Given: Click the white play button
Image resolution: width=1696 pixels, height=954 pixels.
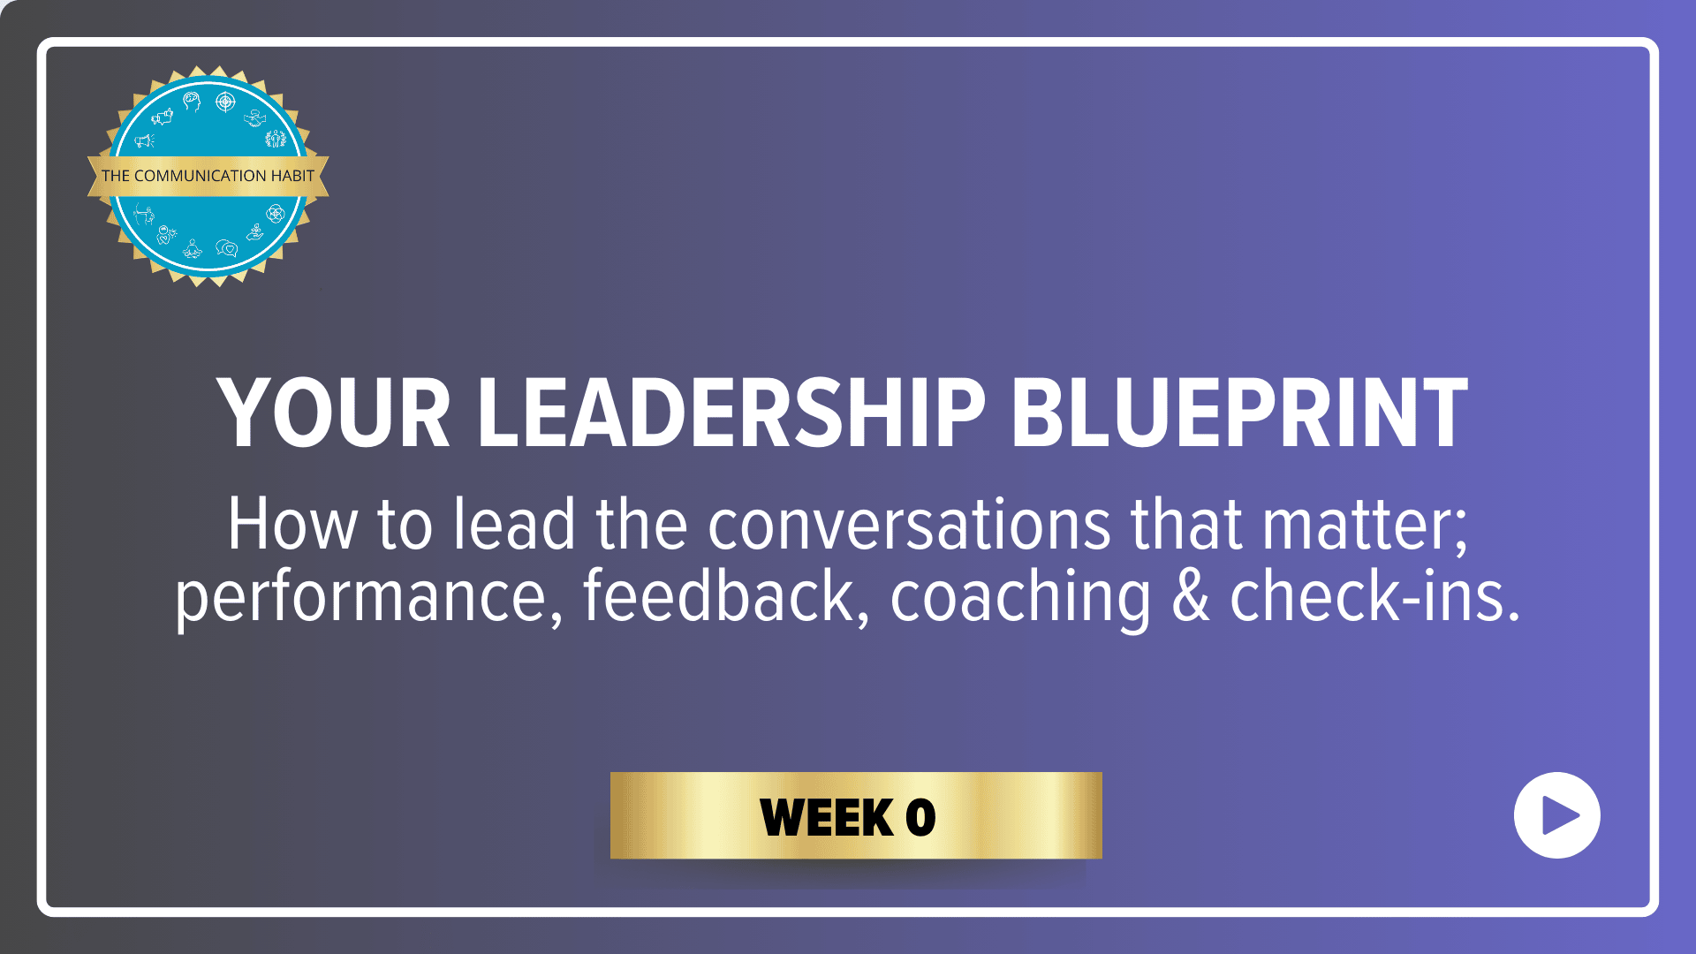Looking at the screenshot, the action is click(x=1556, y=815).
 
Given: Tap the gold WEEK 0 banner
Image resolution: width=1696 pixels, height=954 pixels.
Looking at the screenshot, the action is click(x=856, y=815).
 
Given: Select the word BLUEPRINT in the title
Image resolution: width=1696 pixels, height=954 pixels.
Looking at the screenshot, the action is click(x=1239, y=413).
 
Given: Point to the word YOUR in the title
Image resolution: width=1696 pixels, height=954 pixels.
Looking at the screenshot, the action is click(x=335, y=413).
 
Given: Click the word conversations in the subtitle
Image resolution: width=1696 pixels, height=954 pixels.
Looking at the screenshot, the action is click(x=909, y=525).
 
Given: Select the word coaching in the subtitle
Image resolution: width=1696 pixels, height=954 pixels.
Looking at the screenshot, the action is click(x=1020, y=597).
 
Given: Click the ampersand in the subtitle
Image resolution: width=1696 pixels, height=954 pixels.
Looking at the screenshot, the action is click(x=1191, y=597).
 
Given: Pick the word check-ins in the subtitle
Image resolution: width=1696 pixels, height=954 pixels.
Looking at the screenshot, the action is click(x=1375, y=595).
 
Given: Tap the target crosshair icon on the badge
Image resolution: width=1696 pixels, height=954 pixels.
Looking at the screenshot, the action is click(x=226, y=102).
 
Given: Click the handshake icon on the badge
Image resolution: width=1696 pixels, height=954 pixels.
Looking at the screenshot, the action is click(x=255, y=117).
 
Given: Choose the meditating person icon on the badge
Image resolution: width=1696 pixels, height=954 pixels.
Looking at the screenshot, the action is click(x=193, y=248).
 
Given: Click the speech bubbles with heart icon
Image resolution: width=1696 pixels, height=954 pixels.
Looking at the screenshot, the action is click(x=227, y=248).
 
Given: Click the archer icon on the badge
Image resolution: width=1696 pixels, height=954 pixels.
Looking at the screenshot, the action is click(x=144, y=213).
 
